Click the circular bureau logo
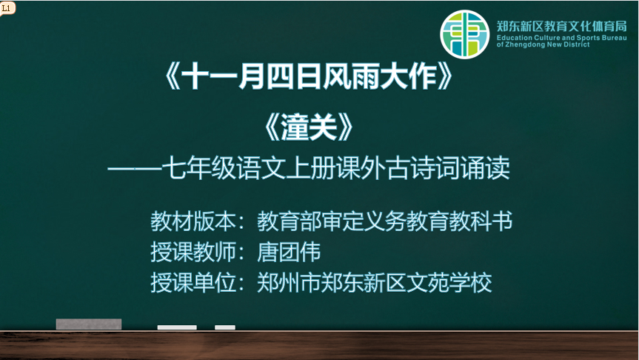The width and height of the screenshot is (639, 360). pyautogui.click(x=464, y=34)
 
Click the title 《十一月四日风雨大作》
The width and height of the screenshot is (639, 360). pyautogui.click(x=309, y=77)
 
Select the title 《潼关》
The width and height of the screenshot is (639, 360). pyautogui.click(x=309, y=127)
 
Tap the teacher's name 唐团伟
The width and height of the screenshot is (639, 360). pyautogui.click(x=289, y=252)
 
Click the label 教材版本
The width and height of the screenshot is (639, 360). pyautogui.click(x=193, y=221)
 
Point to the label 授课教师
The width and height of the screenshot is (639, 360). pyautogui.click(x=193, y=252)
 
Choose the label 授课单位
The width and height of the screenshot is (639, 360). pyautogui.click(x=193, y=282)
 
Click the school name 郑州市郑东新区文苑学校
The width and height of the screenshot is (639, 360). pyautogui.click(x=374, y=282)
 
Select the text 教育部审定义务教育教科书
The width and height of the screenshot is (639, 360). pyautogui.click(x=384, y=221)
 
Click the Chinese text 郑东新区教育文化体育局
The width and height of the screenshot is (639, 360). pyautogui.click(x=561, y=26)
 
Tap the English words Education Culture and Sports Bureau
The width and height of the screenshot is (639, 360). pyautogui.click(x=561, y=38)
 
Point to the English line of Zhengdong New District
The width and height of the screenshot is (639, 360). pyautogui.click(x=543, y=44)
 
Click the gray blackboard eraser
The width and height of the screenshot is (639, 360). pyautogui.click(x=89, y=324)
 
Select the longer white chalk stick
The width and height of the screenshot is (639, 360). pyautogui.click(x=177, y=327)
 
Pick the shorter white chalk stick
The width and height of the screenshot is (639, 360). pyautogui.click(x=225, y=327)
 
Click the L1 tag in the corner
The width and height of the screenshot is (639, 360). pyautogui.click(x=7, y=7)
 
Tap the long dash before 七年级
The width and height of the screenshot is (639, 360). pyautogui.click(x=135, y=169)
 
